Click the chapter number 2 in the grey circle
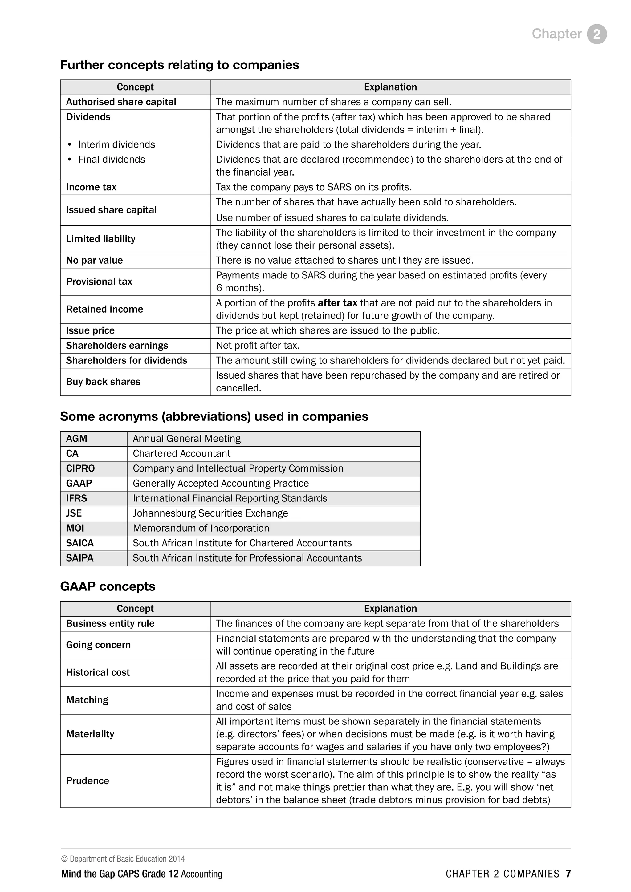596,34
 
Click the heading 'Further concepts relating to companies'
180,65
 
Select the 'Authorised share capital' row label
121,102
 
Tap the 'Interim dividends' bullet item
116,144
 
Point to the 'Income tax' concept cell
91,187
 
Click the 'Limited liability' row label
101,239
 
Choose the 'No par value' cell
94,260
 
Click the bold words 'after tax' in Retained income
337,303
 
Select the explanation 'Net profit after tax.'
258,345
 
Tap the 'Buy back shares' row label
103,382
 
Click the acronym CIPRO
80,468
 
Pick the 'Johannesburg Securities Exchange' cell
210,513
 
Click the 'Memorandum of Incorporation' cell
201,528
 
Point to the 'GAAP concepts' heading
108,586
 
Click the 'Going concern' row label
98,645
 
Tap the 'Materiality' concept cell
90,734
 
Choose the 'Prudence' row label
88,780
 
